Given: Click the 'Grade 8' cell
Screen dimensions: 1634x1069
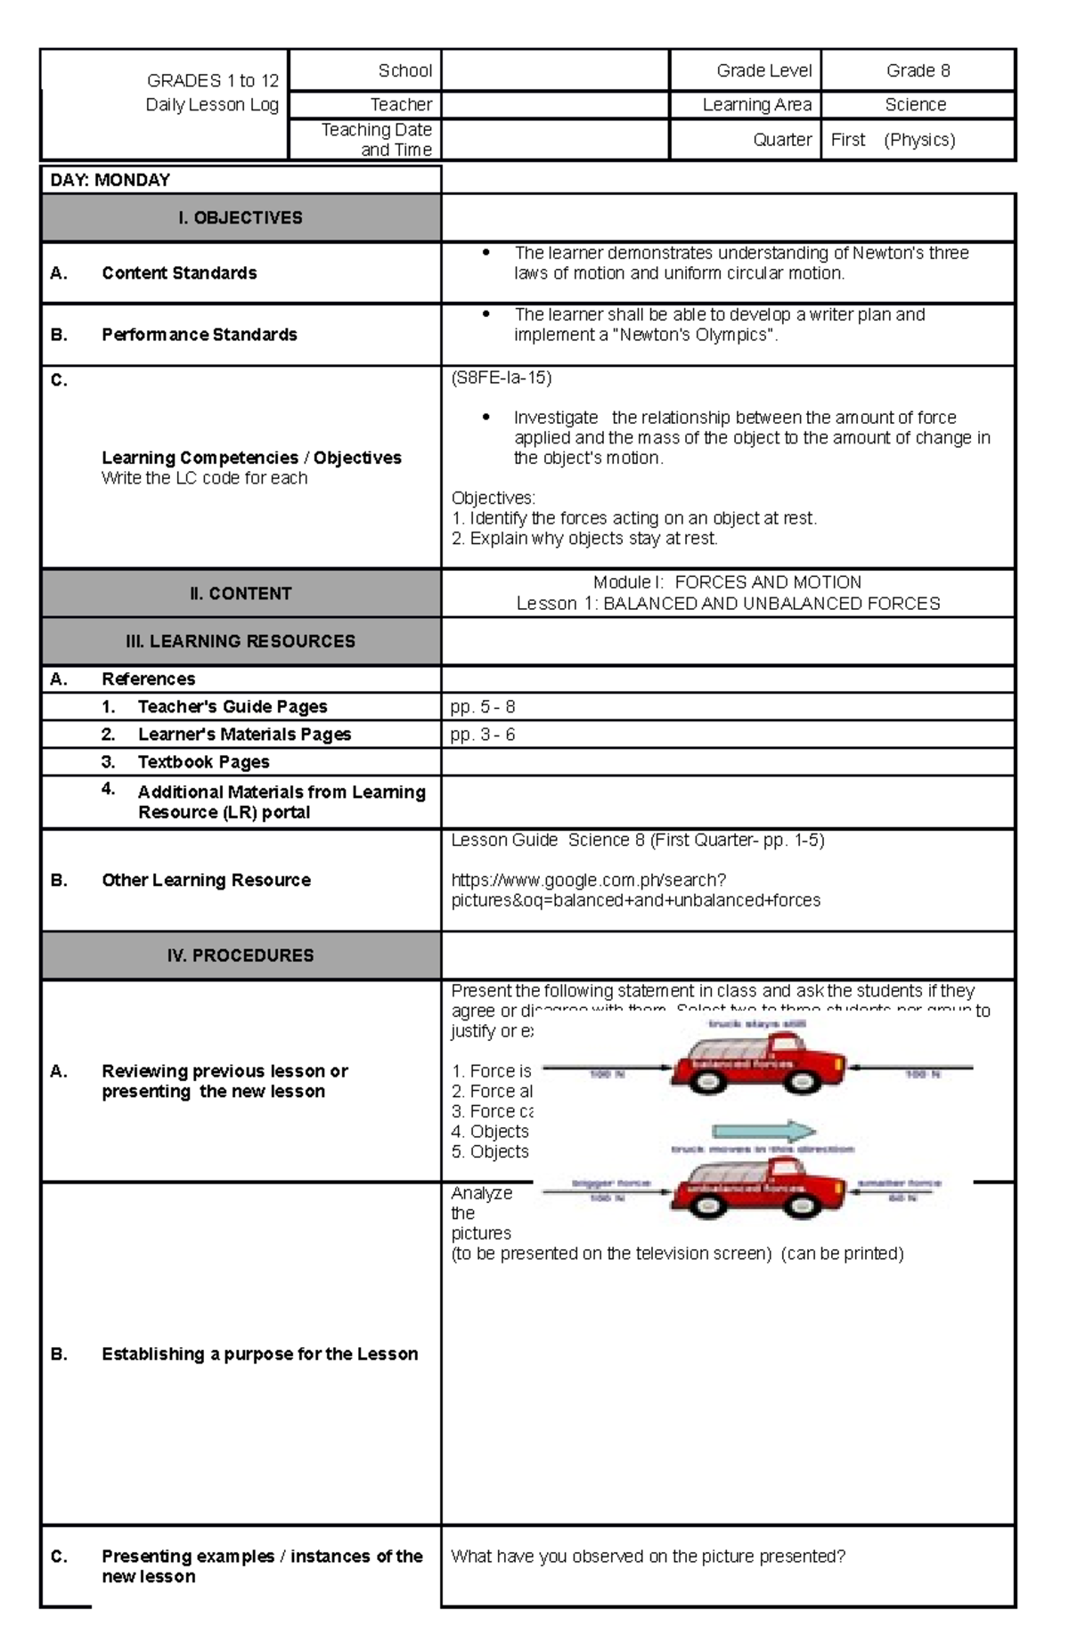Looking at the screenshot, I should pos(918,70).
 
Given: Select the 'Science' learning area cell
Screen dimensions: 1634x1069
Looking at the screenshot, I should pos(916,104).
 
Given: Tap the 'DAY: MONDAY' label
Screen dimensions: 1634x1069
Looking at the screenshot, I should pos(110,180).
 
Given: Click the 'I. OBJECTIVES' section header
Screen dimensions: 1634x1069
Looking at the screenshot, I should pos(241,217).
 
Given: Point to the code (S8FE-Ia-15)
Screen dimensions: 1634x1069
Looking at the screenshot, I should pos(502,378).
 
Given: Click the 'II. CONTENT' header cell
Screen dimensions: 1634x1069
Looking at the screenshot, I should pos(241,593).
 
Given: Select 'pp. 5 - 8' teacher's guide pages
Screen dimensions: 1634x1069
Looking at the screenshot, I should pos(483,707).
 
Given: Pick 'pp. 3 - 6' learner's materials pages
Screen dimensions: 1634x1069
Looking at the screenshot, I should pos(483,735).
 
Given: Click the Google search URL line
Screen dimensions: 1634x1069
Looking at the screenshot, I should pos(588,881).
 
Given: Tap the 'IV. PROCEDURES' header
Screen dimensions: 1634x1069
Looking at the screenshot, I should pos(241,955).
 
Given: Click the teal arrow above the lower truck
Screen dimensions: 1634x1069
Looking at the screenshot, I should pos(765,1132).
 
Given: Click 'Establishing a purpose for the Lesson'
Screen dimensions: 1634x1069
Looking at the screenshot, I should pos(259,1354).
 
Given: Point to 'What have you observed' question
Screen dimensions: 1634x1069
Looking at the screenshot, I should pos(648,1557).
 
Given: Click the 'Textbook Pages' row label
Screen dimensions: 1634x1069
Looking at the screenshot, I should pos(203,762).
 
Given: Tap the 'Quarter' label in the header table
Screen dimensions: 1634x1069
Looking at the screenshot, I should pos(781,140).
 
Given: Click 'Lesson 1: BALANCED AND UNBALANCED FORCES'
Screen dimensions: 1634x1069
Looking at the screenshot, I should pos(728,604).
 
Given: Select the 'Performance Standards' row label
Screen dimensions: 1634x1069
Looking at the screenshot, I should pos(199,335).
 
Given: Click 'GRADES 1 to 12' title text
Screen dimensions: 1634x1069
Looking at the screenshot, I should pos(213,80).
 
